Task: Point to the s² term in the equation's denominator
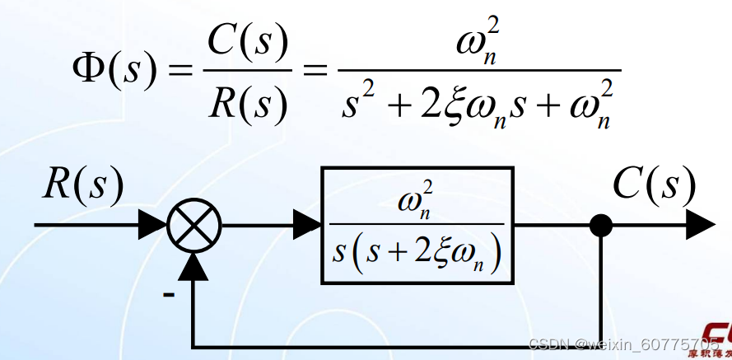coord(361,104)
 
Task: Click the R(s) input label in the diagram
coord(83,185)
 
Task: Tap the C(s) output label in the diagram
coord(654,185)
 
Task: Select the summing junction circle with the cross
coord(195,223)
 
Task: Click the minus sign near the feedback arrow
coord(168,293)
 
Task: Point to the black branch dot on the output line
coord(602,223)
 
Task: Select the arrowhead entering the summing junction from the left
coord(152,223)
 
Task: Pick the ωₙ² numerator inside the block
coord(416,203)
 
